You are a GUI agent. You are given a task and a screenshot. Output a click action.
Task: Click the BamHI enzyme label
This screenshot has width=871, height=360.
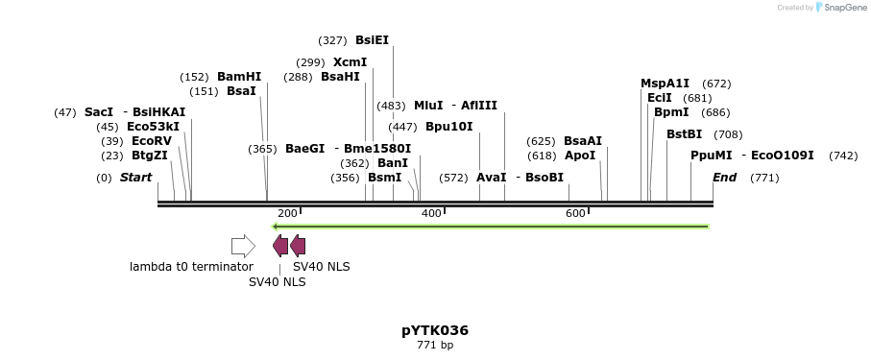238,77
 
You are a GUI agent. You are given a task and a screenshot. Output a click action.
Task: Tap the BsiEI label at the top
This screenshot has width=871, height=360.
372,40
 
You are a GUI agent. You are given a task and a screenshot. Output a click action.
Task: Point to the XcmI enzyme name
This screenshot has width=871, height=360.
350,62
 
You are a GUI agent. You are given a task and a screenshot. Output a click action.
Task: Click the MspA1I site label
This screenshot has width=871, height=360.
665,84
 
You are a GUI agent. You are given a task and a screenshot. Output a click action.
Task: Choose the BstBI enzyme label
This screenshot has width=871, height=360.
684,134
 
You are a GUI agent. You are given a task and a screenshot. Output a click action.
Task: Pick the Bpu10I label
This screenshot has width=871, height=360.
448,127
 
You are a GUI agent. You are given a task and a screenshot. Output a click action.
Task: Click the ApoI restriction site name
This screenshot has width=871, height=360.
579,156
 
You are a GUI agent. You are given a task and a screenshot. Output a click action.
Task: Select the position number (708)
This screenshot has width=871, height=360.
728,134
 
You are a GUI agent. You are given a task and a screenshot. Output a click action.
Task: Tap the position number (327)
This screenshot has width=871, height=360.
332,40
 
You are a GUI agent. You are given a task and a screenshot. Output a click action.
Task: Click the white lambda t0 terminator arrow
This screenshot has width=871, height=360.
243,246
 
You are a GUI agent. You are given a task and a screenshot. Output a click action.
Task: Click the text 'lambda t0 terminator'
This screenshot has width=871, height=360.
191,267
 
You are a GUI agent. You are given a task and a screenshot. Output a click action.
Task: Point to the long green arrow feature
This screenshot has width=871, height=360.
491,227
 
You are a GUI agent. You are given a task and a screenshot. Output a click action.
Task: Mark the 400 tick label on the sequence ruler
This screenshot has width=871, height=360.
431,213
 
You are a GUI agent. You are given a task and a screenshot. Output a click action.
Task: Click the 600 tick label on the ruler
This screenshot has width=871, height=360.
575,213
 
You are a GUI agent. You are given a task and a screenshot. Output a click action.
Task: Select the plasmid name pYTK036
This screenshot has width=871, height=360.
435,330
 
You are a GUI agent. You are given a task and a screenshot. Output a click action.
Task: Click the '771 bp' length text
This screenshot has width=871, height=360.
435,345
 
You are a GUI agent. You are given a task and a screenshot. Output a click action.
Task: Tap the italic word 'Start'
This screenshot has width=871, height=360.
135,178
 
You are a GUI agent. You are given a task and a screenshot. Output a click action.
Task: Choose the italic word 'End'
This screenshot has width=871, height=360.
724,178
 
